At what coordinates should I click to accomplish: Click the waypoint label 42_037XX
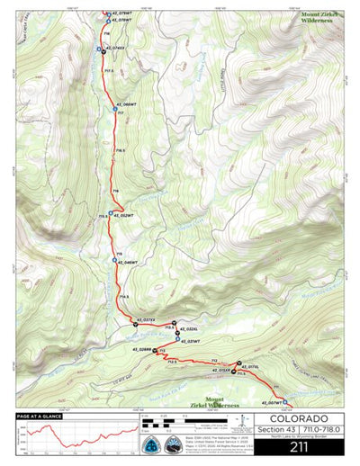click(x=145, y=318)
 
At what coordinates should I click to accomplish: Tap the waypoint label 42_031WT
click(x=189, y=342)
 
